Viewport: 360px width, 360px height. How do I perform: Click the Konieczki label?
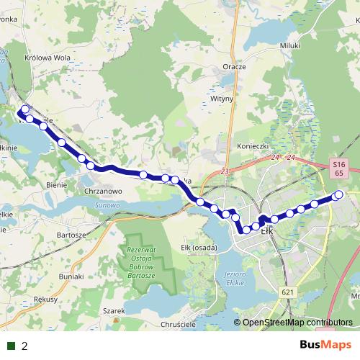tap(253, 145)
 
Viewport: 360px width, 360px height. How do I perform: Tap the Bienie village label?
tap(56, 184)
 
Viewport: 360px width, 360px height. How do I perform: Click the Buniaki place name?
tap(71, 276)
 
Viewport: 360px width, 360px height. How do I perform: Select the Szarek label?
tap(114, 310)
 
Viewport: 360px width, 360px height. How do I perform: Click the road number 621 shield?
tap(288, 292)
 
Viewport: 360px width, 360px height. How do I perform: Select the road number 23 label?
tap(225, 171)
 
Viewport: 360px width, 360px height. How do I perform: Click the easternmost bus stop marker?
tap(338, 194)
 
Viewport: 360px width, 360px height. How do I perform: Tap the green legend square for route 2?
tap(11, 346)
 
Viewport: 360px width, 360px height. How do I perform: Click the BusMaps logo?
tap(325, 346)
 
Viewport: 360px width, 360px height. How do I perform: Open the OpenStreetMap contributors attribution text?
tap(297, 323)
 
